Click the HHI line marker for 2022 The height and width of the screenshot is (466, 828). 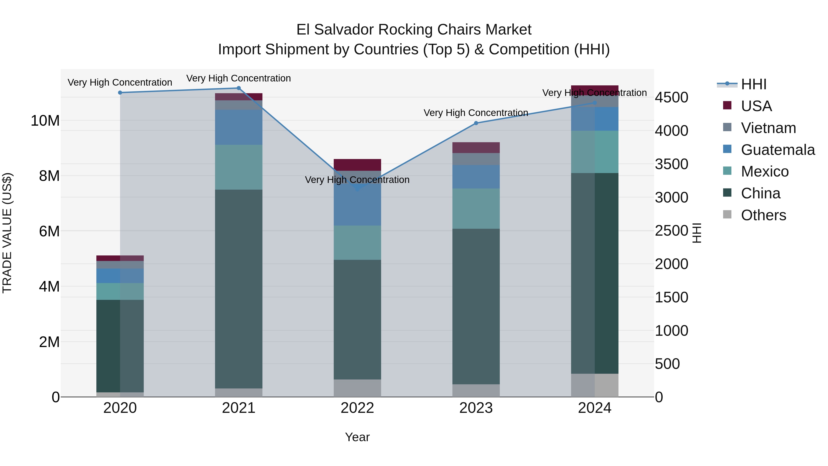point(357,189)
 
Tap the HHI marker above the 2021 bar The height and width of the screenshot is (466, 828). point(239,88)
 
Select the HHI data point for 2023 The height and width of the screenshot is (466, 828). point(476,123)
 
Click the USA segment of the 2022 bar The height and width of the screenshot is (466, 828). point(357,165)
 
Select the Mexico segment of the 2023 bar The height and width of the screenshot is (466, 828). point(476,208)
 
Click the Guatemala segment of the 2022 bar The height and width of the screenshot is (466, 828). point(357,206)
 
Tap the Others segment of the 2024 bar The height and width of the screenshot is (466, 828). point(595,385)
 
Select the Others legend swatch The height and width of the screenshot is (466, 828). point(727,214)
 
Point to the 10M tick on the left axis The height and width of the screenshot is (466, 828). point(45,121)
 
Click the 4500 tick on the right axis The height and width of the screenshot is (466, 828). point(671,97)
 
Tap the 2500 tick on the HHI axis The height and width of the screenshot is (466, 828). point(671,231)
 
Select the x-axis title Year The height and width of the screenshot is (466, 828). point(357,437)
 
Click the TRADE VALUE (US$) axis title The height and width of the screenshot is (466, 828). point(7,233)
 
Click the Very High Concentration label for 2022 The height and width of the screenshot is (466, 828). point(357,179)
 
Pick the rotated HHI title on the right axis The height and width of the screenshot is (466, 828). point(696,233)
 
